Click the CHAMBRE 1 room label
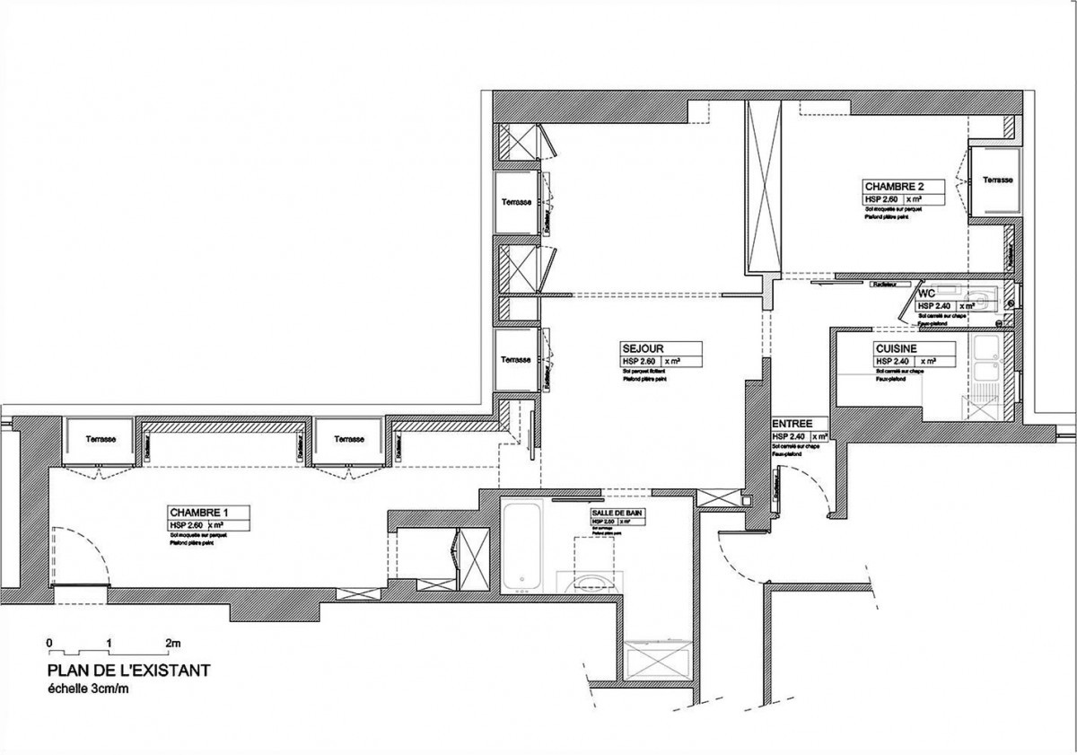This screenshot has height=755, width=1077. pos(197,513)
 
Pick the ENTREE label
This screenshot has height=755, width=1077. pos(792,424)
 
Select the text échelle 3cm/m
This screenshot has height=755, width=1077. pos(88,689)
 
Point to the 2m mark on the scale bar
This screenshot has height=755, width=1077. pos(172,643)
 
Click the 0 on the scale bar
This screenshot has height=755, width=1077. pos(50,643)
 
